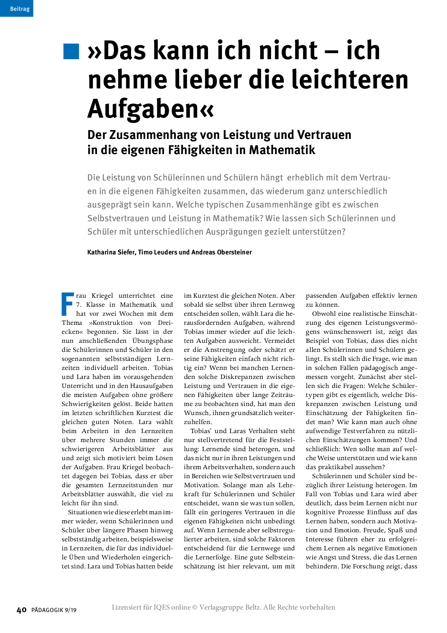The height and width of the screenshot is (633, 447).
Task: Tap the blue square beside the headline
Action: (x=71, y=51)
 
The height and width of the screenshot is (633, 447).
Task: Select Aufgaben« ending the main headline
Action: (x=151, y=109)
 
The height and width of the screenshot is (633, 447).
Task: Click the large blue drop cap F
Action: (x=68, y=304)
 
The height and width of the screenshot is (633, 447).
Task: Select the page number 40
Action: (x=22, y=610)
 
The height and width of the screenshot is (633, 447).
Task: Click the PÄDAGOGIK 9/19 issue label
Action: (x=54, y=610)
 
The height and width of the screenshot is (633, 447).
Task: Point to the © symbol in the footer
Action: (x=195, y=607)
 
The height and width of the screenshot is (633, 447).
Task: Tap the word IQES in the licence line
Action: (x=161, y=607)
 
